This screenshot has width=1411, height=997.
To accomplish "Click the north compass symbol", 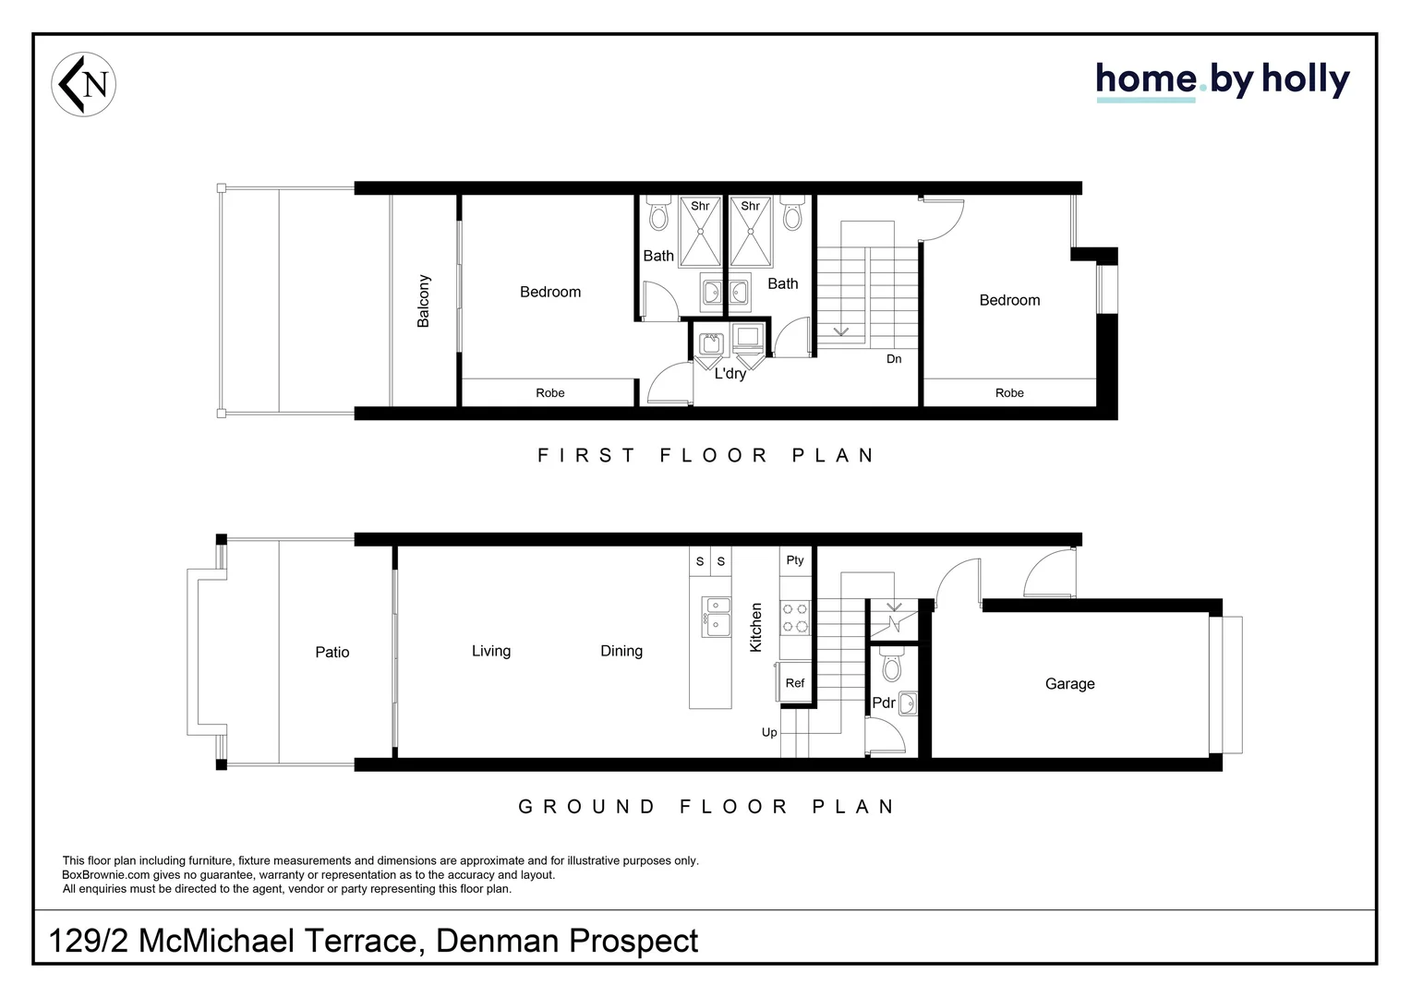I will tap(83, 84).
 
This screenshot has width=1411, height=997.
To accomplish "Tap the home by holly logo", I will tap(1222, 81).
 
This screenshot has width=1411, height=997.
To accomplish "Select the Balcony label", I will tap(424, 301).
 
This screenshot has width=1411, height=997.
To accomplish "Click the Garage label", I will tap(1069, 684).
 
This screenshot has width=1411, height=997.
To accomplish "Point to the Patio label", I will tap(332, 653).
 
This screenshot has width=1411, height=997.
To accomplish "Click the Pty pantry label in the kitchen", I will tap(794, 560).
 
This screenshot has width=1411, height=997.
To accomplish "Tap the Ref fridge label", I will tap(794, 683).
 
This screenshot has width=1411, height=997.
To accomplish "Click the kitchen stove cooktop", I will tap(795, 617).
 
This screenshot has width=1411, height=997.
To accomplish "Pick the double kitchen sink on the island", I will tap(715, 616).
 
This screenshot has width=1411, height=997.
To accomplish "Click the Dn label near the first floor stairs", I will tap(894, 359).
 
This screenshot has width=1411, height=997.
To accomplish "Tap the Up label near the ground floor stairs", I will tap(769, 733).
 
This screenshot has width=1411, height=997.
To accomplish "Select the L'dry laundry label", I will tap(730, 374).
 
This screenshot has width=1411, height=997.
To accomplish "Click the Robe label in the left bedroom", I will tap(549, 393).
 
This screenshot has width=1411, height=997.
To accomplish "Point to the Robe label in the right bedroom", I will tap(1009, 393).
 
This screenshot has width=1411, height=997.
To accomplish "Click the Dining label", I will tap(621, 652).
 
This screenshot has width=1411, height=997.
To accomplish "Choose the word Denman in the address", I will tap(497, 941).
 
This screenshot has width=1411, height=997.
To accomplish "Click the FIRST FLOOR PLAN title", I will tap(705, 455).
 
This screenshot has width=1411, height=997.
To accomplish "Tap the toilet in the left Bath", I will tap(658, 214).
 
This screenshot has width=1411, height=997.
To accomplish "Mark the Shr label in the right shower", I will tap(750, 206).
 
